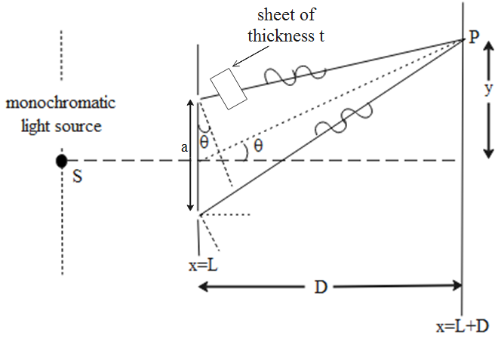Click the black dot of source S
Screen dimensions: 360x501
tap(62, 161)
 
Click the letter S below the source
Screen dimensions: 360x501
tap(76, 177)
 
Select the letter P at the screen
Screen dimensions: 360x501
tap(473, 38)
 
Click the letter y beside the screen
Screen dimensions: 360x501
tap(488, 88)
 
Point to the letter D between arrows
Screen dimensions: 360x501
tap(321, 287)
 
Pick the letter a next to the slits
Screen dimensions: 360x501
tap(184, 149)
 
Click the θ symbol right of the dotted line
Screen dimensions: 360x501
tap(258, 146)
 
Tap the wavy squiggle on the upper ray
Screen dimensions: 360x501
tap(294, 73)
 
